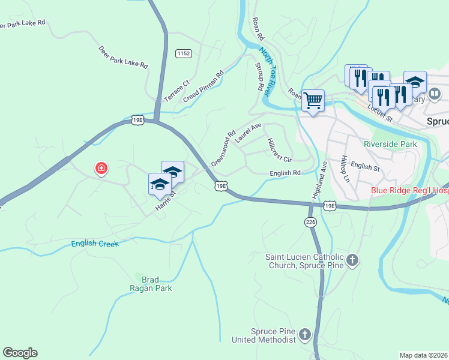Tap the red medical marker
(x=101, y=169)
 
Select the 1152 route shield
(x=184, y=54)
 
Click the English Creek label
(x=95, y=244)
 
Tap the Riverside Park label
(x=390, y=145)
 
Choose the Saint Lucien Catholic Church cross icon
(x=352, y=260)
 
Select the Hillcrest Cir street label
(x=279, y=151)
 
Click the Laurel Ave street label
(x=249, y=133)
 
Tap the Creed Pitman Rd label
(x=203, y=85)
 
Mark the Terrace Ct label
(x=176, y=91)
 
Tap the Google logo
(x=20, y=353)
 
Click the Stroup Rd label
(x=260, y=77)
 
